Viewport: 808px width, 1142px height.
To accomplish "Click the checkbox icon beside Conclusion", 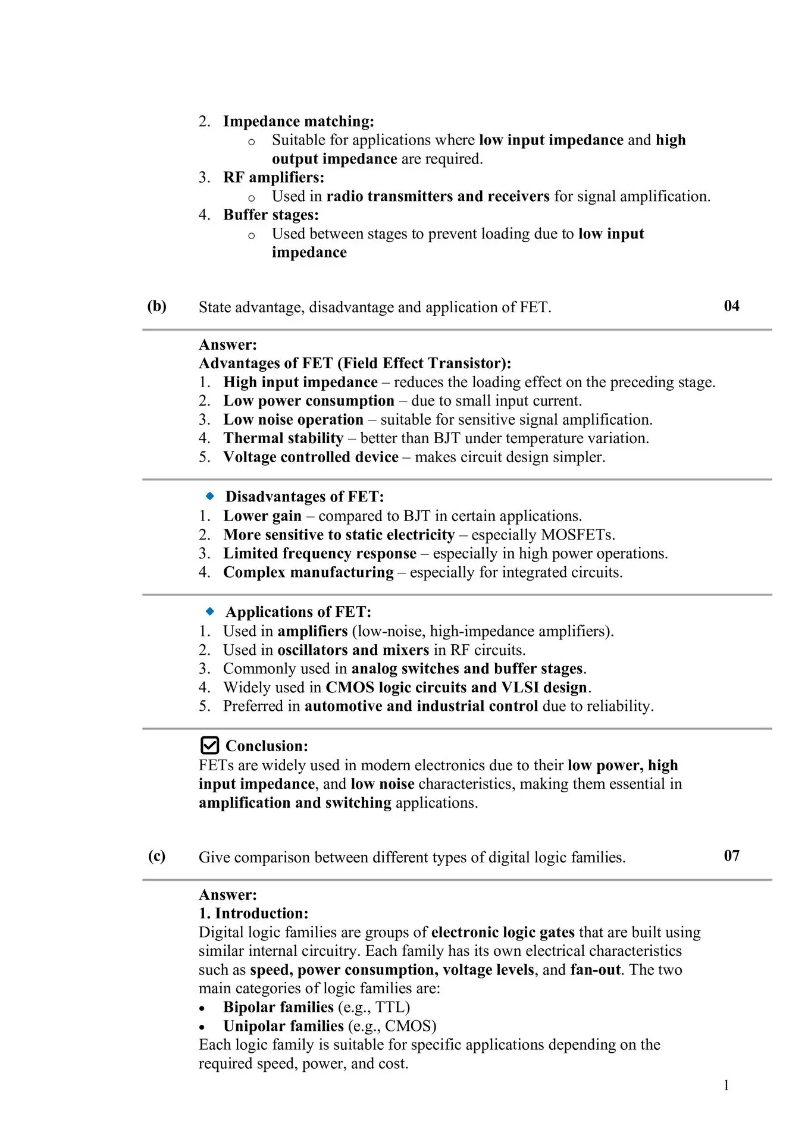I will click(x=209, y=745).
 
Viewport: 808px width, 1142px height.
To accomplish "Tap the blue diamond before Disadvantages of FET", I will click(x=210, y=496).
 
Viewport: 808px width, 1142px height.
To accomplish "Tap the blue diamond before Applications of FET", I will click(x=210, y=611).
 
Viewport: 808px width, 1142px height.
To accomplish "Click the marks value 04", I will click(x=731, y=306).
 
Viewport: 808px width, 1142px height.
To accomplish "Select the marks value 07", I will click(x=731, y=856).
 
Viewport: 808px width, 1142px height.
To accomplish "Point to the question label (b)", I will click(x=157, y=306).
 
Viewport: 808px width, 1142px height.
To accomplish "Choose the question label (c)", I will click(x=157, y=857).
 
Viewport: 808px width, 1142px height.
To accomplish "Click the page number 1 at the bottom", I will click(x=726, y=1085).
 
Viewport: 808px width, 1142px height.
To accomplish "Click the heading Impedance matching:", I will click(x=299, y=121).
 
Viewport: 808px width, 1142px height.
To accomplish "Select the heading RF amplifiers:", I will click(x=274, y=177).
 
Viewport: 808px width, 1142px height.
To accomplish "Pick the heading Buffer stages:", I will click(x=271, y=215).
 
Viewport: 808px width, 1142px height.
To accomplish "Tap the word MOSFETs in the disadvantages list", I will click(x=576, y=535).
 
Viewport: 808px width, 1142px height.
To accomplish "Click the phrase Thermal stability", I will click(x=283, y=438).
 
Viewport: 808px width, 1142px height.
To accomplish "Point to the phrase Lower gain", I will click(x=262, y=516).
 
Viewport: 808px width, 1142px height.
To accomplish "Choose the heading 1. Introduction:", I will click(x=253, y=914).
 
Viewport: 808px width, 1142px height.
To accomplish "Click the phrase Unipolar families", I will click(x=283, y=1026).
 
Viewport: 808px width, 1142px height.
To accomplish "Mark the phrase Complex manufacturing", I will click(x=308, y=572).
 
